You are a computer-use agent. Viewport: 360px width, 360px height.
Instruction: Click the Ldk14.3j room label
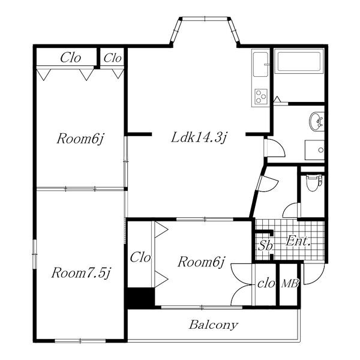[x=199, y=137]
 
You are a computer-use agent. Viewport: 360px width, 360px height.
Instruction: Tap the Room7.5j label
[x=81, y=273]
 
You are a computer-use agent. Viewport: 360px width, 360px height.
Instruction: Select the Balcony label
[x=213, y=325]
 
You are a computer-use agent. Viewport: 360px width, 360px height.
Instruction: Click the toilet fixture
[x=314, y=182]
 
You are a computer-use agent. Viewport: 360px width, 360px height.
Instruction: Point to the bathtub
[x=299, y=61]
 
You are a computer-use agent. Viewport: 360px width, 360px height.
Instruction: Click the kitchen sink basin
[x=260, y=65]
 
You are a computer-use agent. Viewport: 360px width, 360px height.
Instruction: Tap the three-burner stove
[x=261, y=96]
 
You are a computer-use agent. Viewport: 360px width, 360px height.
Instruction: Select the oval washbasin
[x=316, y=121]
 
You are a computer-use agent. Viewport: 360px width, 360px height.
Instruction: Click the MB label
[x=290, y=284]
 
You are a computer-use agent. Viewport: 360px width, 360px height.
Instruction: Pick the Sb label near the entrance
[x=265, y=245]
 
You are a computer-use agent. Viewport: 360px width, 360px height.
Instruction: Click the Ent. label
[x=298, y=241]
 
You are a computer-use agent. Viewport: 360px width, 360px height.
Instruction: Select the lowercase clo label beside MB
[x=266, y=284]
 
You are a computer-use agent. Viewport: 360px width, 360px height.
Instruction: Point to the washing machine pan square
[x=314, y=150]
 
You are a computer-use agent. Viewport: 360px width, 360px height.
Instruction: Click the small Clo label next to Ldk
[x=112, y=58]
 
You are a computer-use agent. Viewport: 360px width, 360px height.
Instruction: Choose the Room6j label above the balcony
[x=201, y=262]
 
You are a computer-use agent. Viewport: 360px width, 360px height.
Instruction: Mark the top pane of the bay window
[x=205, y=19]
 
